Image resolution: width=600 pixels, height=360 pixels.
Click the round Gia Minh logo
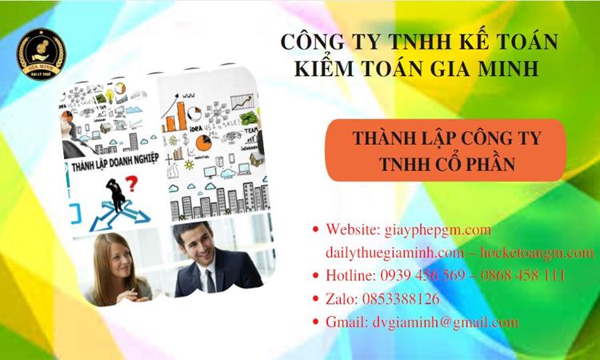[x=42, y=54]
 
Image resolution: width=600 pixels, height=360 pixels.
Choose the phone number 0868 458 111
[x=520, y=276]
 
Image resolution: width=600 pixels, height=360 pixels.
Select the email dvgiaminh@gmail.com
[x=445, y=322]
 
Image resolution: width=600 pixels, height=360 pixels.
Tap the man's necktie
[x=210, y=279]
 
